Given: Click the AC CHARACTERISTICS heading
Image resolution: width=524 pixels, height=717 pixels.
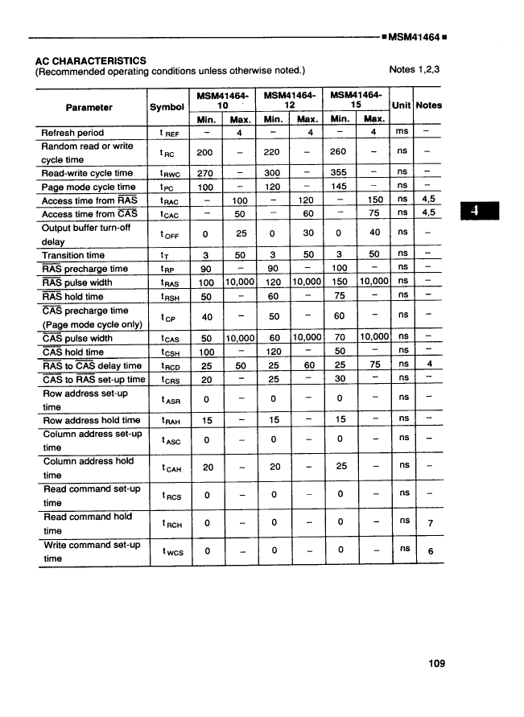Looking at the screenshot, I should point(91,60).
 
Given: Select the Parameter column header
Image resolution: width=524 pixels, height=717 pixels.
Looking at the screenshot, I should point(89,107).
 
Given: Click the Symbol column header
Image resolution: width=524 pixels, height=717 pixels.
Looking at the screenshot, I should point(167,107).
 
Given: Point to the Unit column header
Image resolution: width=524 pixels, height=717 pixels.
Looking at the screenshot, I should point(401,105).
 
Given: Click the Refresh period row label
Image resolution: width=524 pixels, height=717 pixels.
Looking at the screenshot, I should point(72,133).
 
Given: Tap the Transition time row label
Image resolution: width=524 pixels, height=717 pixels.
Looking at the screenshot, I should point(73,255).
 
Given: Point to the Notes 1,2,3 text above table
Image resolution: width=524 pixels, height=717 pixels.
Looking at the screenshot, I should point(414,70).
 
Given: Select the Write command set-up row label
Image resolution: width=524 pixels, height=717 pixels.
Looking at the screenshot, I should point(91,551).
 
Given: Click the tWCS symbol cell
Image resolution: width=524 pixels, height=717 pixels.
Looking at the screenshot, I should point(168,551).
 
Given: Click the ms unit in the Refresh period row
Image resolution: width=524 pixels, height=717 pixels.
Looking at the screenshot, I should point(401,133).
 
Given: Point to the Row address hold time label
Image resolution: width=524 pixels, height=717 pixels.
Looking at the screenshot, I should point(91,420).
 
